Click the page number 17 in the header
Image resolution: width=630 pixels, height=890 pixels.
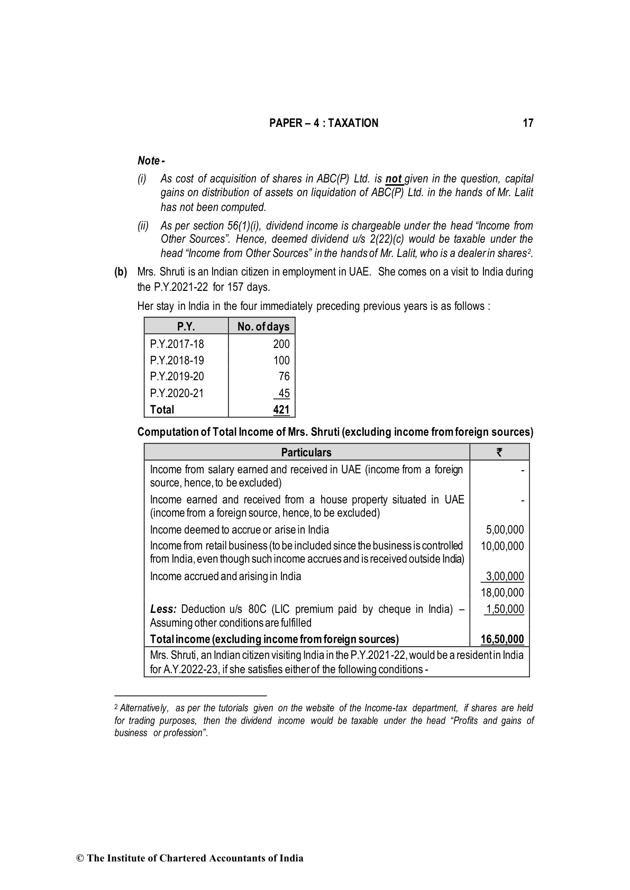point(527,123)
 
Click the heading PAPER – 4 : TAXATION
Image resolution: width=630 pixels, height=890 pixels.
point(324,123)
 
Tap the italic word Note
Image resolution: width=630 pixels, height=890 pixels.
point(149,160)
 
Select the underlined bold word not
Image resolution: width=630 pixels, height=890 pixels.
point(394,179)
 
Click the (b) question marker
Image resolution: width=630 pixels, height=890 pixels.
point(121,272)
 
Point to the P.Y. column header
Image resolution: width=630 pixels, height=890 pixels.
point(186,327)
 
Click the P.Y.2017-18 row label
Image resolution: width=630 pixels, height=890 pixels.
point(177,344)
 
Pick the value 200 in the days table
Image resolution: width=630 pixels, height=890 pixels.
point(281,344)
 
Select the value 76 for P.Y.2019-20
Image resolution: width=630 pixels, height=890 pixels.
point(284,377)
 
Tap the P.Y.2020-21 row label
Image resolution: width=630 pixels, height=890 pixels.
point(177,393)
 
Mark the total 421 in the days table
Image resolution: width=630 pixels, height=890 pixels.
point(281,409)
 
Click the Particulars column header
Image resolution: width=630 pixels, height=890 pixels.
point(306,452)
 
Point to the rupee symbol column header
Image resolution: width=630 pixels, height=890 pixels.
point(499,452)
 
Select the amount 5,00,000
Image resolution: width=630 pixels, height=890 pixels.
point(505,530)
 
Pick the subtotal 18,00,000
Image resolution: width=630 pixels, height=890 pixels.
point(502,593)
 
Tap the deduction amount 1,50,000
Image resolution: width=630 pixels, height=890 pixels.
point(505,609)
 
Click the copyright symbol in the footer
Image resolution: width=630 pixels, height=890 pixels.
point(80,858)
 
